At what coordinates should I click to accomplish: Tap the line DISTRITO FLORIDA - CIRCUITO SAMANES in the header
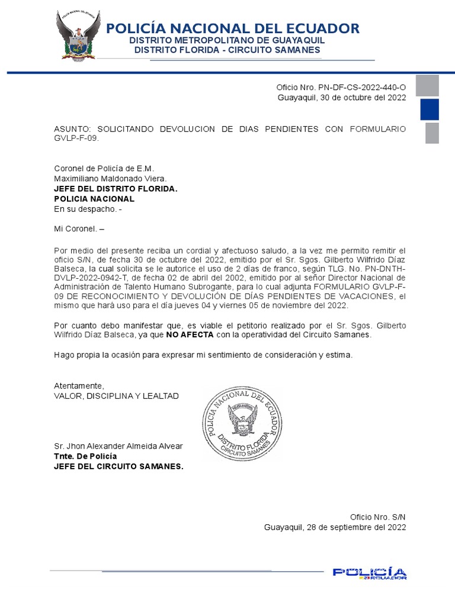(227, 50)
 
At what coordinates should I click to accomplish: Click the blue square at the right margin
(429, 109)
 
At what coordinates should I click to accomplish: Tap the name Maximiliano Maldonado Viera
(111, 178)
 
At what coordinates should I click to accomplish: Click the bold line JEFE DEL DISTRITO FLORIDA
(116, 188)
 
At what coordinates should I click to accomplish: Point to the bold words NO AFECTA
(189, 334)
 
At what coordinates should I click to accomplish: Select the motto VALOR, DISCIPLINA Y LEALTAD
(116, 395)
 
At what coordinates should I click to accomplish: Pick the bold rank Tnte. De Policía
(85, 456)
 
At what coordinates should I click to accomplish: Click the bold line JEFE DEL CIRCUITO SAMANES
(118, 466)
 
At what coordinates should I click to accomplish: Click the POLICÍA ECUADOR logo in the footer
(369, 573)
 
